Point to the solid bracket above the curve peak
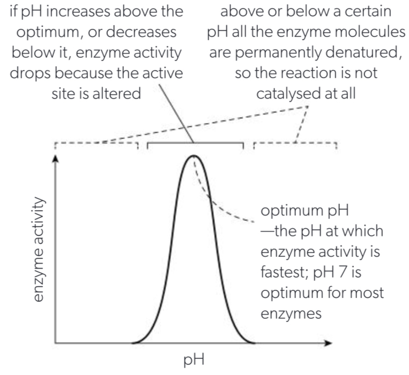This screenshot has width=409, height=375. (195, 144)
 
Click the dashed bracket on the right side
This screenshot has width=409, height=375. (295, 143)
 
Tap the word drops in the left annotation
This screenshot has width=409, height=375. (30, 73)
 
